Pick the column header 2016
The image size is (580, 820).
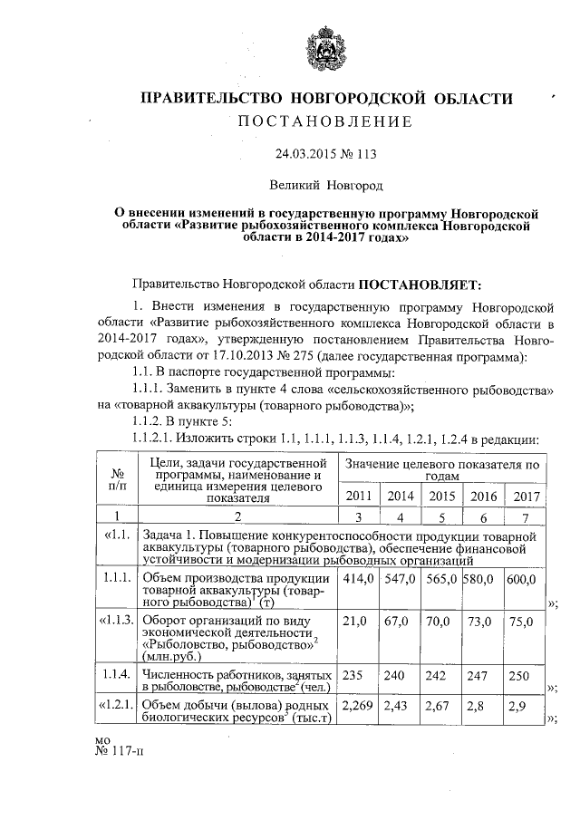coord(482,497)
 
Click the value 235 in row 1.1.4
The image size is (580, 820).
coord(352,675)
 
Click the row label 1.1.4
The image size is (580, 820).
coord(118,675)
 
